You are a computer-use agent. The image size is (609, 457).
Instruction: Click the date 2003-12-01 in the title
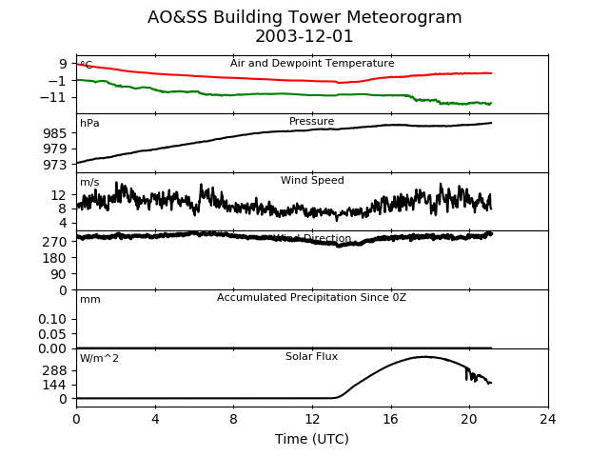pos(304,37)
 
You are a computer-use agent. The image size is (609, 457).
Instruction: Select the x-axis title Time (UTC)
pos(311,439)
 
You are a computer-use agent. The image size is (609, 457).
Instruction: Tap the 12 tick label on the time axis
pos(312,419)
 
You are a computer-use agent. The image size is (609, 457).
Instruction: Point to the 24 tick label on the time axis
pos(548,419)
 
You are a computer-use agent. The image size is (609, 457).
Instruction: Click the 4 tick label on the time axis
pos(155,419)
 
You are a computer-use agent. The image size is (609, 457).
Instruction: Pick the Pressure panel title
pos(312,122)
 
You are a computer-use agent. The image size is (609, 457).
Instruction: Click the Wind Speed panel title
pos(312,181)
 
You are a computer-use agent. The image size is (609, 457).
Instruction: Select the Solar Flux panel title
pos(312,357)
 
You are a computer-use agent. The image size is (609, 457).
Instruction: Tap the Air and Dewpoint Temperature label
pos(312,64)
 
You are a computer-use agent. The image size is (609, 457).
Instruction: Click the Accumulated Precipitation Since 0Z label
pos(312,298)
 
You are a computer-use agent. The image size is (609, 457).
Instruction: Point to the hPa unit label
pos(89,124)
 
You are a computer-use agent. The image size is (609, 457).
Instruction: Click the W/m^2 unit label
pos(100,359)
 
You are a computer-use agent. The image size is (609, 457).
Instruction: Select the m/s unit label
pos(89,183)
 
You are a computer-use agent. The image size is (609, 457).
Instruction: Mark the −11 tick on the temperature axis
pos(51,97)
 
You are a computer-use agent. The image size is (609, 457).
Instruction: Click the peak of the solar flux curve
pos(424,357)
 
